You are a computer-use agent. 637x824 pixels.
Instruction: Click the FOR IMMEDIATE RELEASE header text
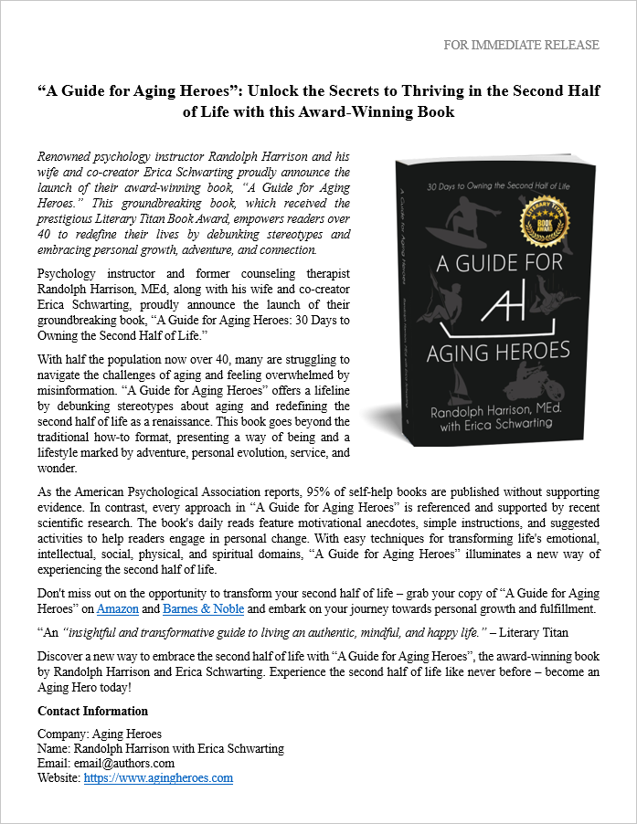pos(521,45)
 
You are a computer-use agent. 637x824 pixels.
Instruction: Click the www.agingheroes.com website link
pos(158,778)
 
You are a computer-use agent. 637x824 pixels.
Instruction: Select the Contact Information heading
pos(92,711)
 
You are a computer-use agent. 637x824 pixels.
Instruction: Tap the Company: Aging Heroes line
pos(100,734)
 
